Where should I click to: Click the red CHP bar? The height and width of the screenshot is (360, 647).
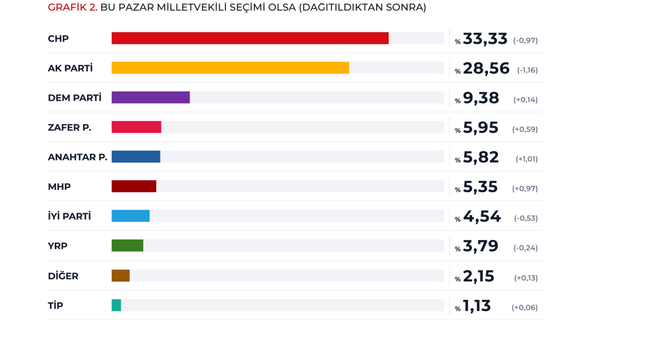coord(250,38)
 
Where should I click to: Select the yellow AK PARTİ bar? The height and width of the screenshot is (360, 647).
coord(230,68)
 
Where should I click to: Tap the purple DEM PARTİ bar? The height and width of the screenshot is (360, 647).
coord(150,98)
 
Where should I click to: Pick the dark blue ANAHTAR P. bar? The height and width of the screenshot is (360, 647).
coord(136,157)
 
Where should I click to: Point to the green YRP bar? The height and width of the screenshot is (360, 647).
coord(127,246)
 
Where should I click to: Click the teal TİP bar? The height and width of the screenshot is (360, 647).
coord(116,305)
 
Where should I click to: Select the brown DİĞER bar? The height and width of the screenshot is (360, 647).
coord(121,276)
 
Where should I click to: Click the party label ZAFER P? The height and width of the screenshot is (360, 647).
coord(69,128)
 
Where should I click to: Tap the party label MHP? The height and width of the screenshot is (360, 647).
coord(59,187)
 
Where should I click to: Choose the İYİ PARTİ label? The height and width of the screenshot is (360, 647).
coord(69,217)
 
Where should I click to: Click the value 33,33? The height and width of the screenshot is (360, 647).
coord(485,38)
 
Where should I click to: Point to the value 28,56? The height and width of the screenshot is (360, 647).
coord(486,68)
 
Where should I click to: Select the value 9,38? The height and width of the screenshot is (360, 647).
coord(480,98)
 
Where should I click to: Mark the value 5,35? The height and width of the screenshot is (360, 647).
coord(480,187)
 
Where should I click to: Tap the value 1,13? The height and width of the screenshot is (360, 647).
coord(476,306)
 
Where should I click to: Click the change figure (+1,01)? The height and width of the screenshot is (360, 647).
coord(526,159)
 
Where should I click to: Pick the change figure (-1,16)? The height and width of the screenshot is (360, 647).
coord(527,70)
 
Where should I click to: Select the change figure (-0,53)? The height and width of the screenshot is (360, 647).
coord(526,218)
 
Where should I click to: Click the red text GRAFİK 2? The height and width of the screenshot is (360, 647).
coord(72,8)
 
